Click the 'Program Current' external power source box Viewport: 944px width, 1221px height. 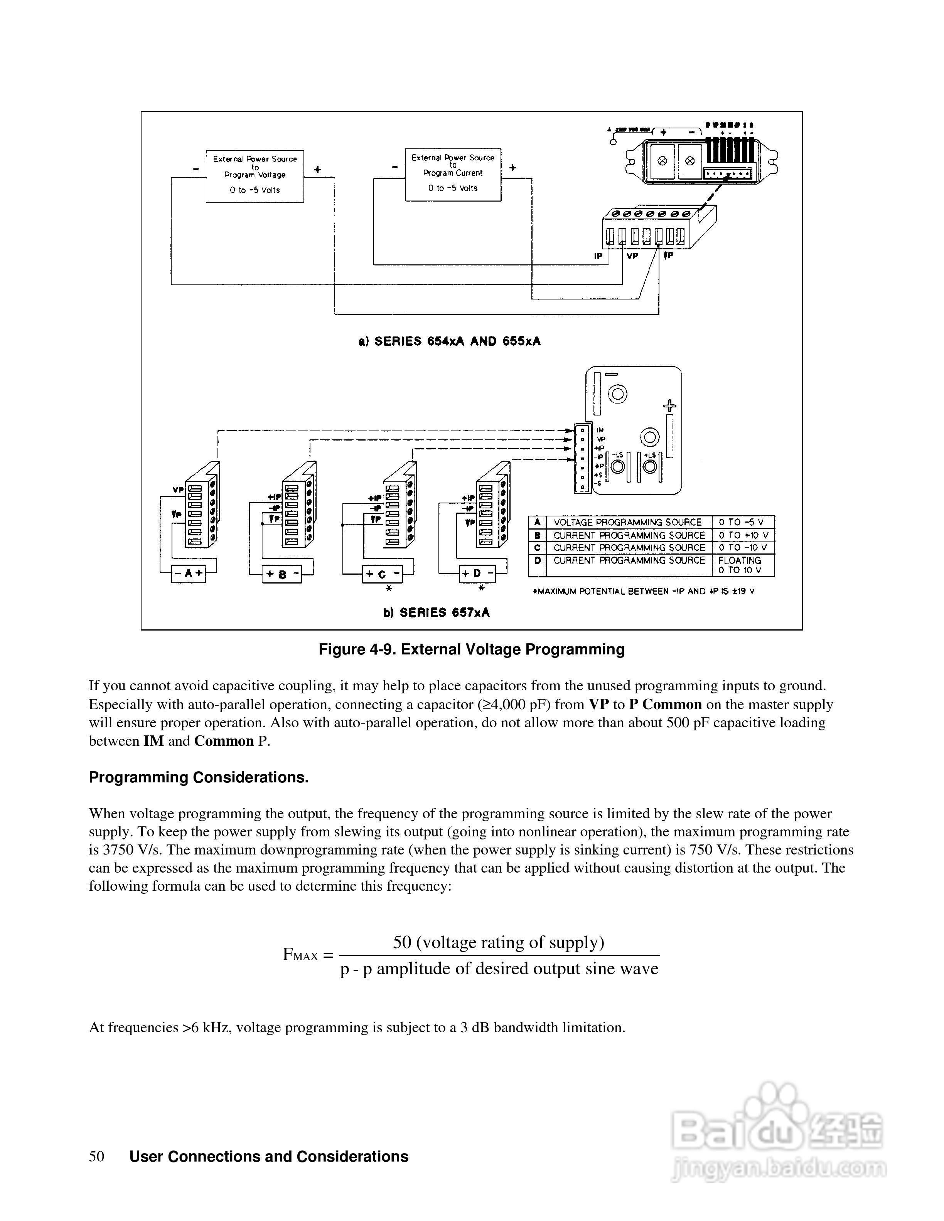[x=453, y=175]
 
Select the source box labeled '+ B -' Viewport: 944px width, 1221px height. [x=282, y=574]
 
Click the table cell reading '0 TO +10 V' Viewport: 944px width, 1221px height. [x=743, y=535]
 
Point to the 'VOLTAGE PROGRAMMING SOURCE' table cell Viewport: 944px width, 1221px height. [x=627, y=522]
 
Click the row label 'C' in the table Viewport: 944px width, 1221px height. [x=537, y=548]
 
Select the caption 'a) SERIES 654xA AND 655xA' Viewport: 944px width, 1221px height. [x=450, y=341]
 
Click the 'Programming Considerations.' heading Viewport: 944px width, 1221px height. [x=199, y=778]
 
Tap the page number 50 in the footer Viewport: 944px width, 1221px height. [x=96, y=1157]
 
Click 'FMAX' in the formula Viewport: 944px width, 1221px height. [x=300, y=955]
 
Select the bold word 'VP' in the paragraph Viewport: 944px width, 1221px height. [x=599, y=705]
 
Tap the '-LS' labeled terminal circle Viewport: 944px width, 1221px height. [x=618, y=466]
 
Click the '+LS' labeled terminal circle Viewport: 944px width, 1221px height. [x=650, y=466]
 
